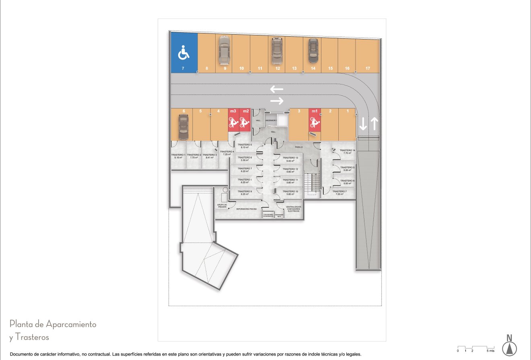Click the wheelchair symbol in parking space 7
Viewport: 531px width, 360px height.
pyautogui.click(x=184, y=53)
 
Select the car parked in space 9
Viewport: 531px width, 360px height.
pyautogui.click(x=224, y=50)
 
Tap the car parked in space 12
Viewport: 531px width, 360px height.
pyautogui.click(x=277, y=51)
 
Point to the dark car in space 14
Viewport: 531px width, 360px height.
pyautogui.click(x=313, y=51)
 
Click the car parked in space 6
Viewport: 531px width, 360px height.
pyautogui.click(x=183, y=125)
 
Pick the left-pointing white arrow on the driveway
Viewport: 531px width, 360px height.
pyautogui.click(x=277, y=89)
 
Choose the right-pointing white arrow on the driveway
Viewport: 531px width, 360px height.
pyautogui.click(x=277, y=101)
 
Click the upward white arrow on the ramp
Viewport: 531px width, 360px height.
pyautogui.click(x=374, y=123)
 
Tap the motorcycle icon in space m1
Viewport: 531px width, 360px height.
pyautogui.click(x=314, y=122)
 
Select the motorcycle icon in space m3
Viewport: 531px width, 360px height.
pyautogui.click(x=233, y=121)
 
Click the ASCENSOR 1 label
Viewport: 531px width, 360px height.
pyautogui.click(x=271, y=121)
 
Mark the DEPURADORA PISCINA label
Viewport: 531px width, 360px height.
pyautogui.click(x=247, y=210)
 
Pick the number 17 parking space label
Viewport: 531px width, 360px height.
pyautogui.click(x=368, y=69)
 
